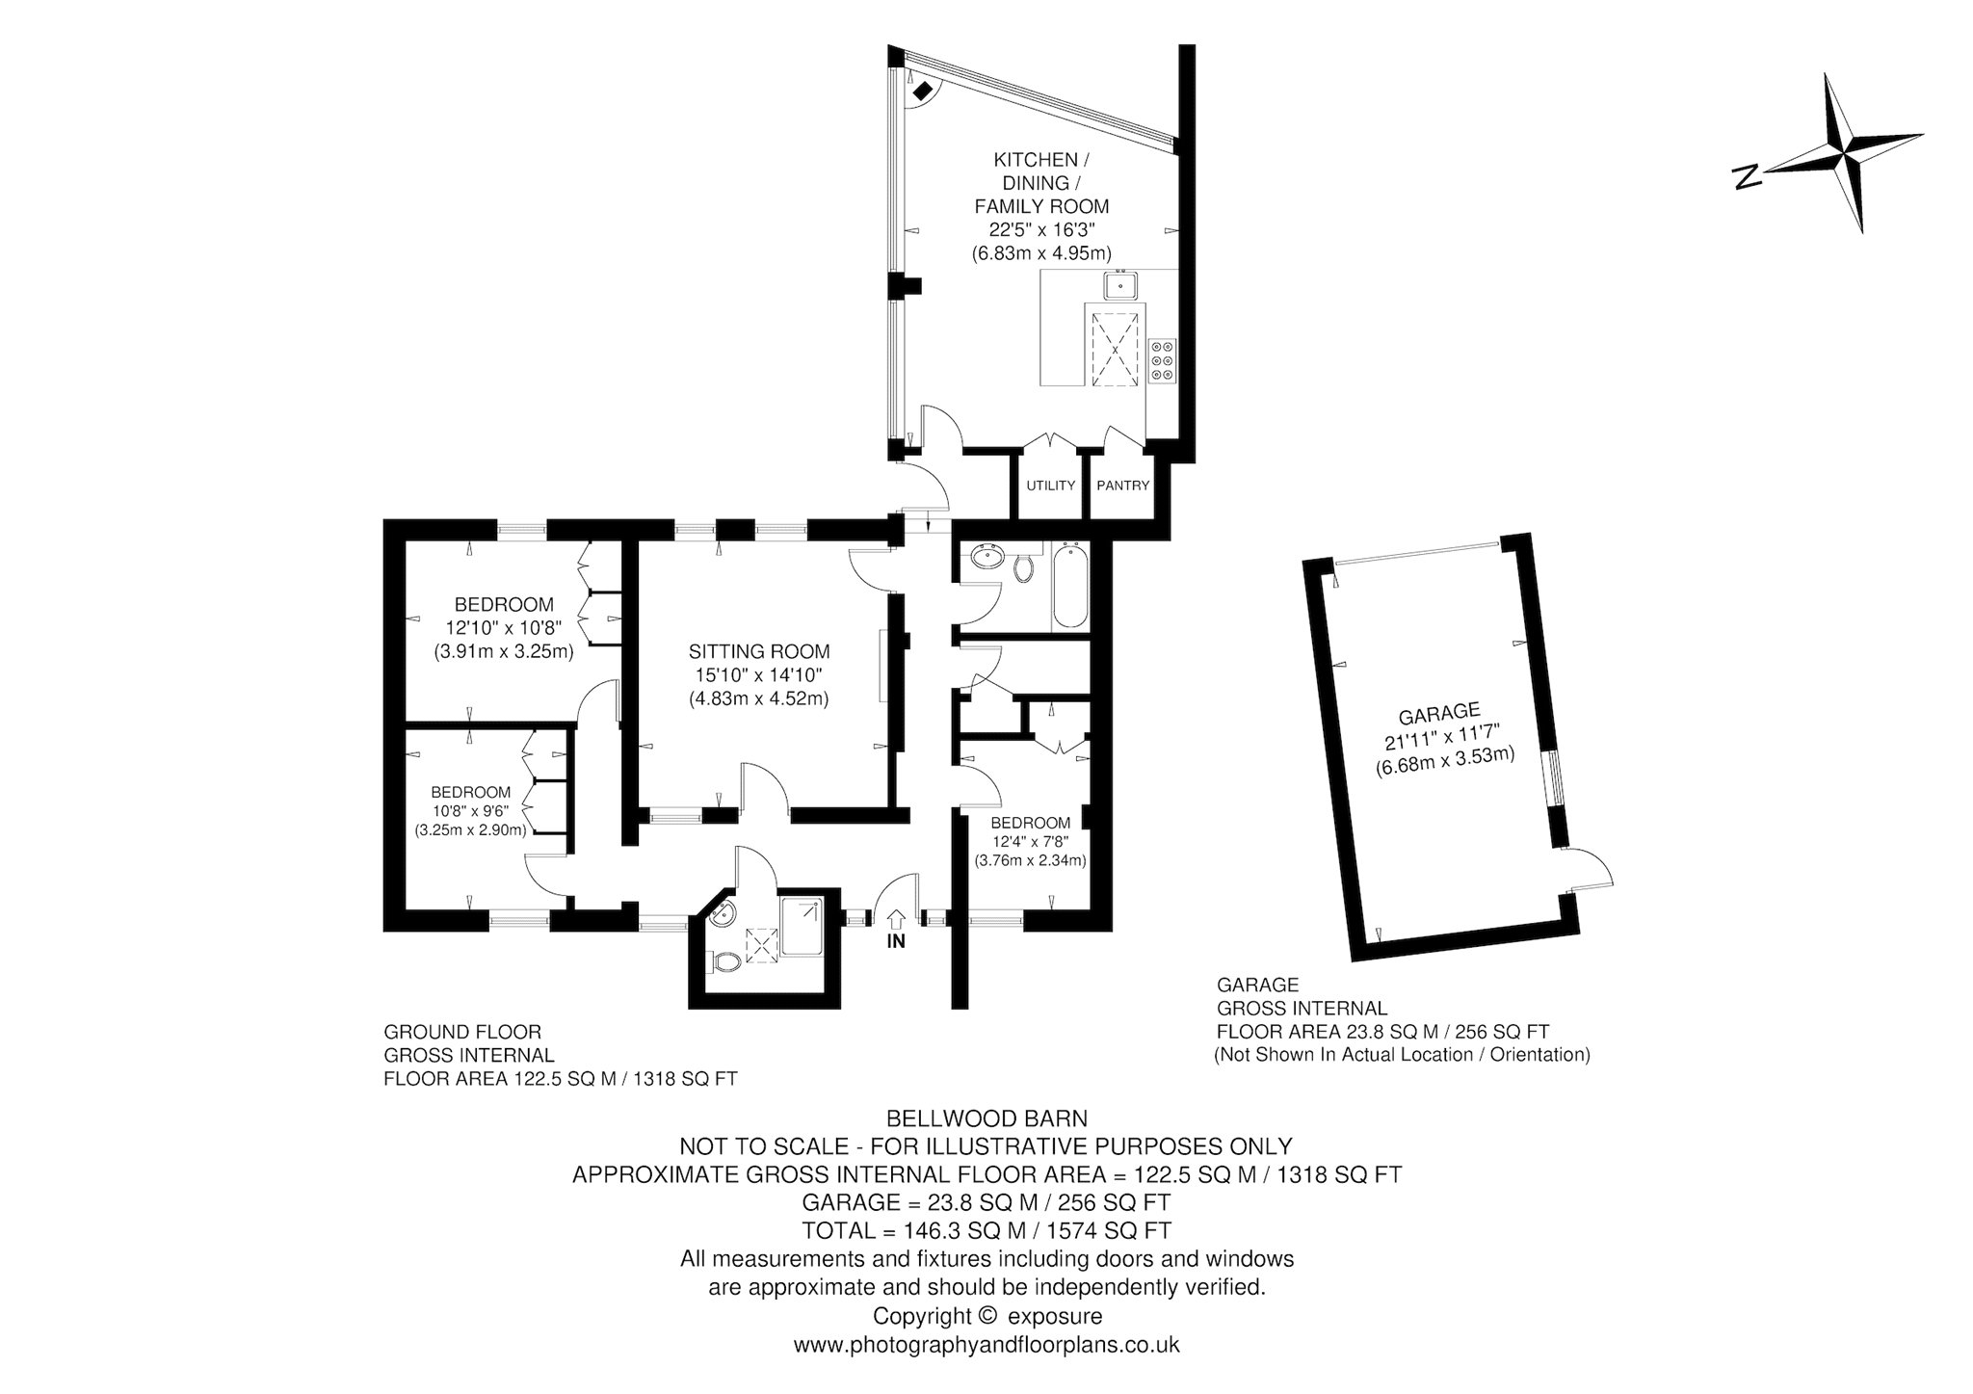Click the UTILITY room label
pos(1050,486)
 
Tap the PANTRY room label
pos(1123,486)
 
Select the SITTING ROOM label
pos(759,651)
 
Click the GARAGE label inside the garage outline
pos(1438,712)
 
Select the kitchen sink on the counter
pos(1121,285)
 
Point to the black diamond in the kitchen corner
pos(923,92)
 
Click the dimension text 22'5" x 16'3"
pos(1041,229)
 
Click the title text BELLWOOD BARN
pos(986,1118)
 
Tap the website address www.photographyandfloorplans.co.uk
pos(986,1344)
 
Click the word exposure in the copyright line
pos(1055,1316)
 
